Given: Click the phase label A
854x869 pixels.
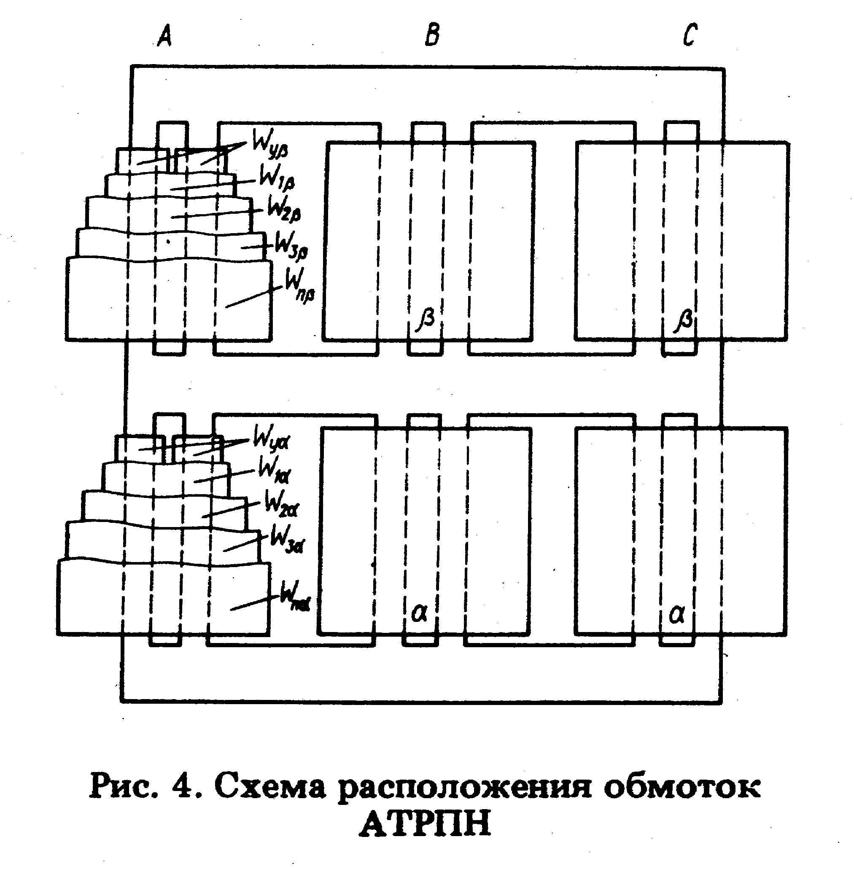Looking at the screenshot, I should pyautogui.click(x=164, y=36).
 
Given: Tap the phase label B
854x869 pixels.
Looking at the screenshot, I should pyautogui.click(x=432, y=35).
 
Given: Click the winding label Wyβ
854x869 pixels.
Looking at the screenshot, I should pyautogui.click(x=269, y=143).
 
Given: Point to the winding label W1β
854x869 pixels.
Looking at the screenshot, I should pyautogui.click(x=277, y=178).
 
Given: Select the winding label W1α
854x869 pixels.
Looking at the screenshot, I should pyautogui.click(x=274, y=472).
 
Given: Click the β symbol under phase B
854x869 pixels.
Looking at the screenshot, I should pyautogui.click(x=426, y=320).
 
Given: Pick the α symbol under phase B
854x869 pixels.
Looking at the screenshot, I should pyautogui.click(x=419, y=613).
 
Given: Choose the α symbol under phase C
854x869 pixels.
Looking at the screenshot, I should pyautogui.click(x=677, y=615).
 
